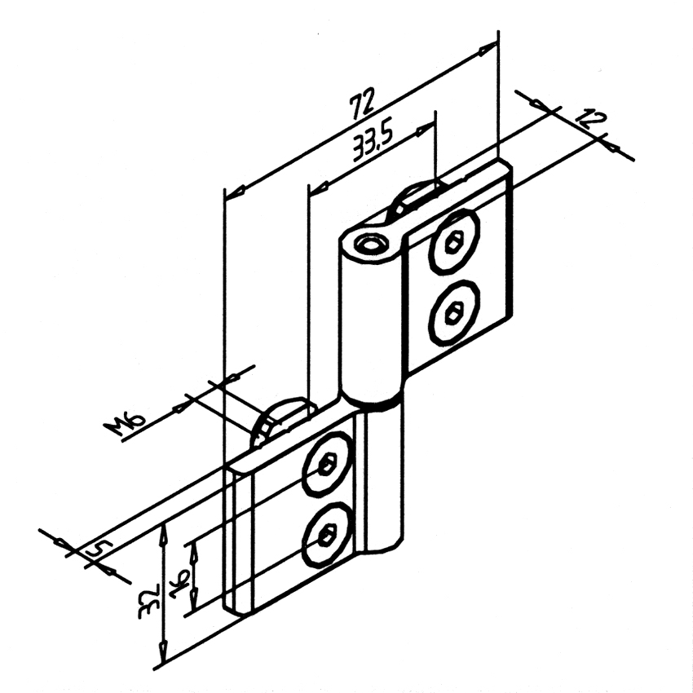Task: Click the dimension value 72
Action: (363, 104)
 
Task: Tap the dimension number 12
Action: (591, 118)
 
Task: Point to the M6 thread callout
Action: (124, 424)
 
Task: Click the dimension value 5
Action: (98, 550)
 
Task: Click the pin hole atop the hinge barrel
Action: (372, 245)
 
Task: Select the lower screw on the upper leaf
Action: (454, 312)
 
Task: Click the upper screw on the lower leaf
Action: (328, 464)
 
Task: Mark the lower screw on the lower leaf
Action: (328, 534)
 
